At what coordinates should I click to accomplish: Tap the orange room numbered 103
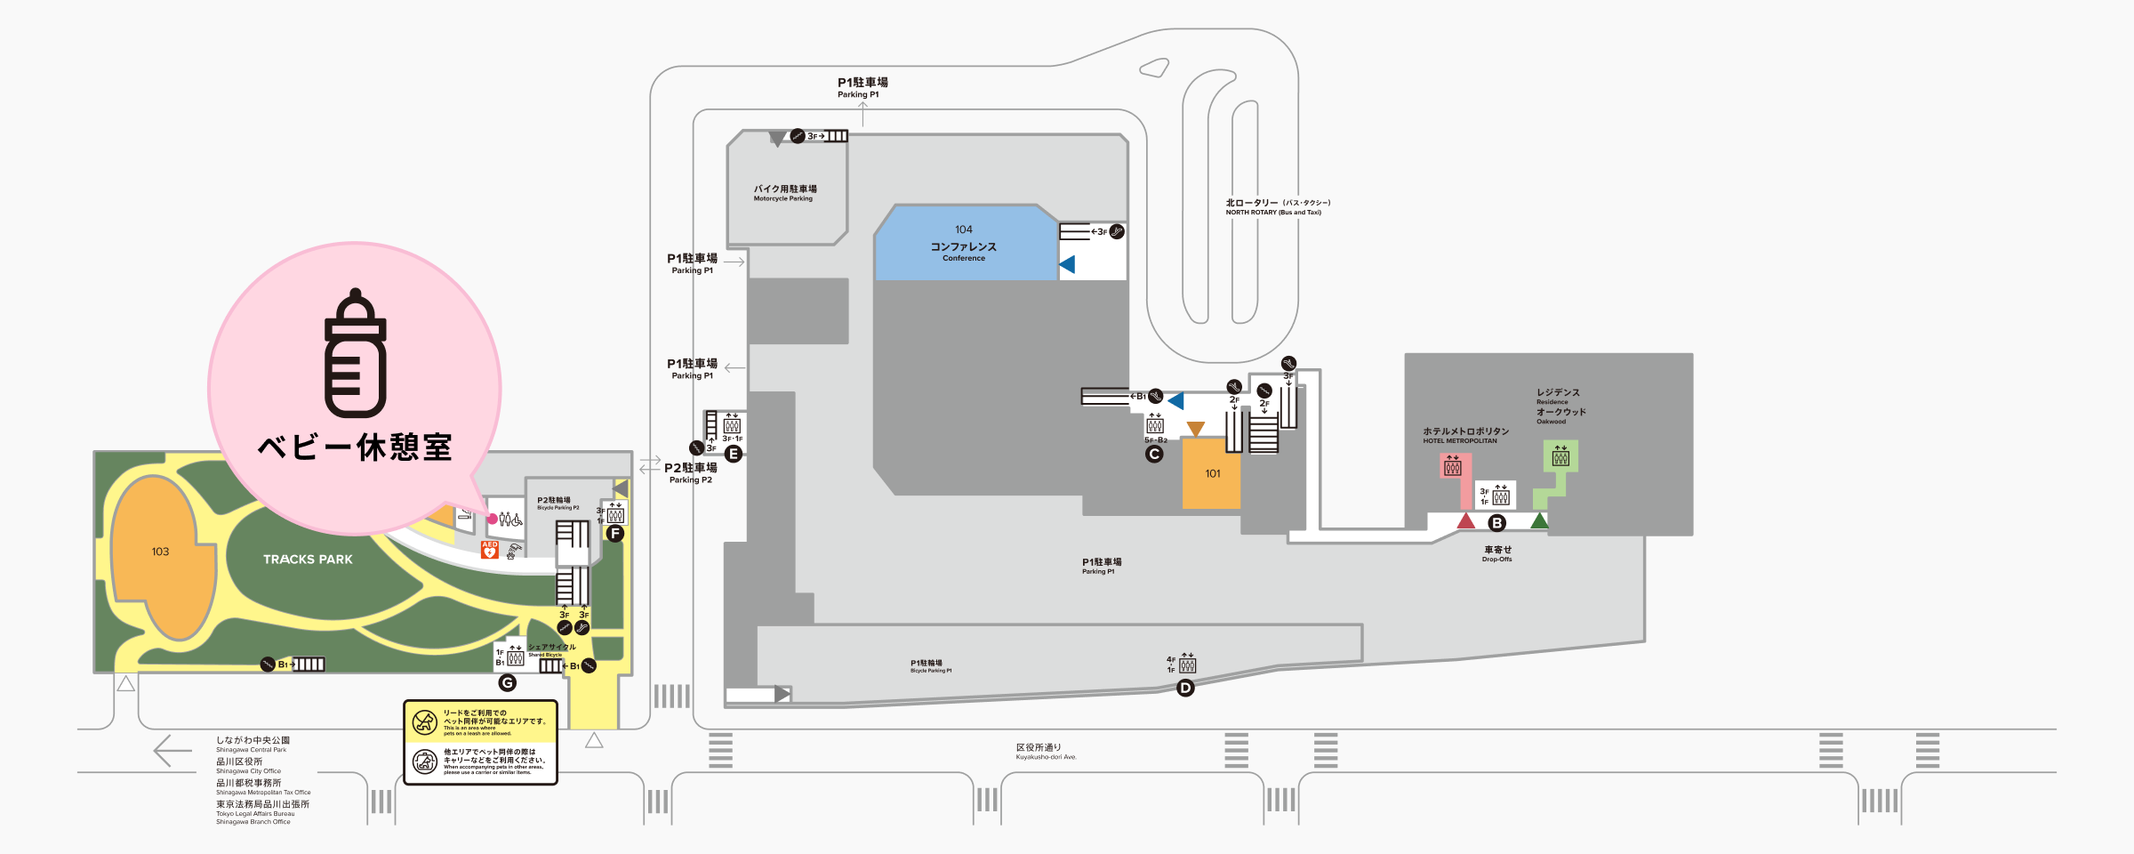pos(161,552)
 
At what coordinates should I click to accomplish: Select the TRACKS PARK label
pos(308,560)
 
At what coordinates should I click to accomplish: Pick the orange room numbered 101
pos(1212,474)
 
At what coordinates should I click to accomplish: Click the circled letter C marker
pos(1154,455)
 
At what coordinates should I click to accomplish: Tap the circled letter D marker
pos(1185,688)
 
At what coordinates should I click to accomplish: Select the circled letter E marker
pos(734,455)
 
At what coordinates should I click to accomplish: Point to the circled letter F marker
pos(614,534)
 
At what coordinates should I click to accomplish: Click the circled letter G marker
pos(507,683)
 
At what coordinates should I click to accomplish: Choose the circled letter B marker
pos(1497,523)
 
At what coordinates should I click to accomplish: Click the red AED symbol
pos(489,550)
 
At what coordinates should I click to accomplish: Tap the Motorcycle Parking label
pos(784,193)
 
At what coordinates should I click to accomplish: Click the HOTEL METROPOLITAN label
pos(1464,435)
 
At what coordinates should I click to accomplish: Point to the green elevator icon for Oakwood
pos(1560,457)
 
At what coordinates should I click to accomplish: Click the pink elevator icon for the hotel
pos(1453,466)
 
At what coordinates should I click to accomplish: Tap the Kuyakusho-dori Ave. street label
pos(1046,752)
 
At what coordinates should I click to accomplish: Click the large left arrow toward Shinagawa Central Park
pos(172,751)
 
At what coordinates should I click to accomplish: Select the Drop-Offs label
pos(1497,553)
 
